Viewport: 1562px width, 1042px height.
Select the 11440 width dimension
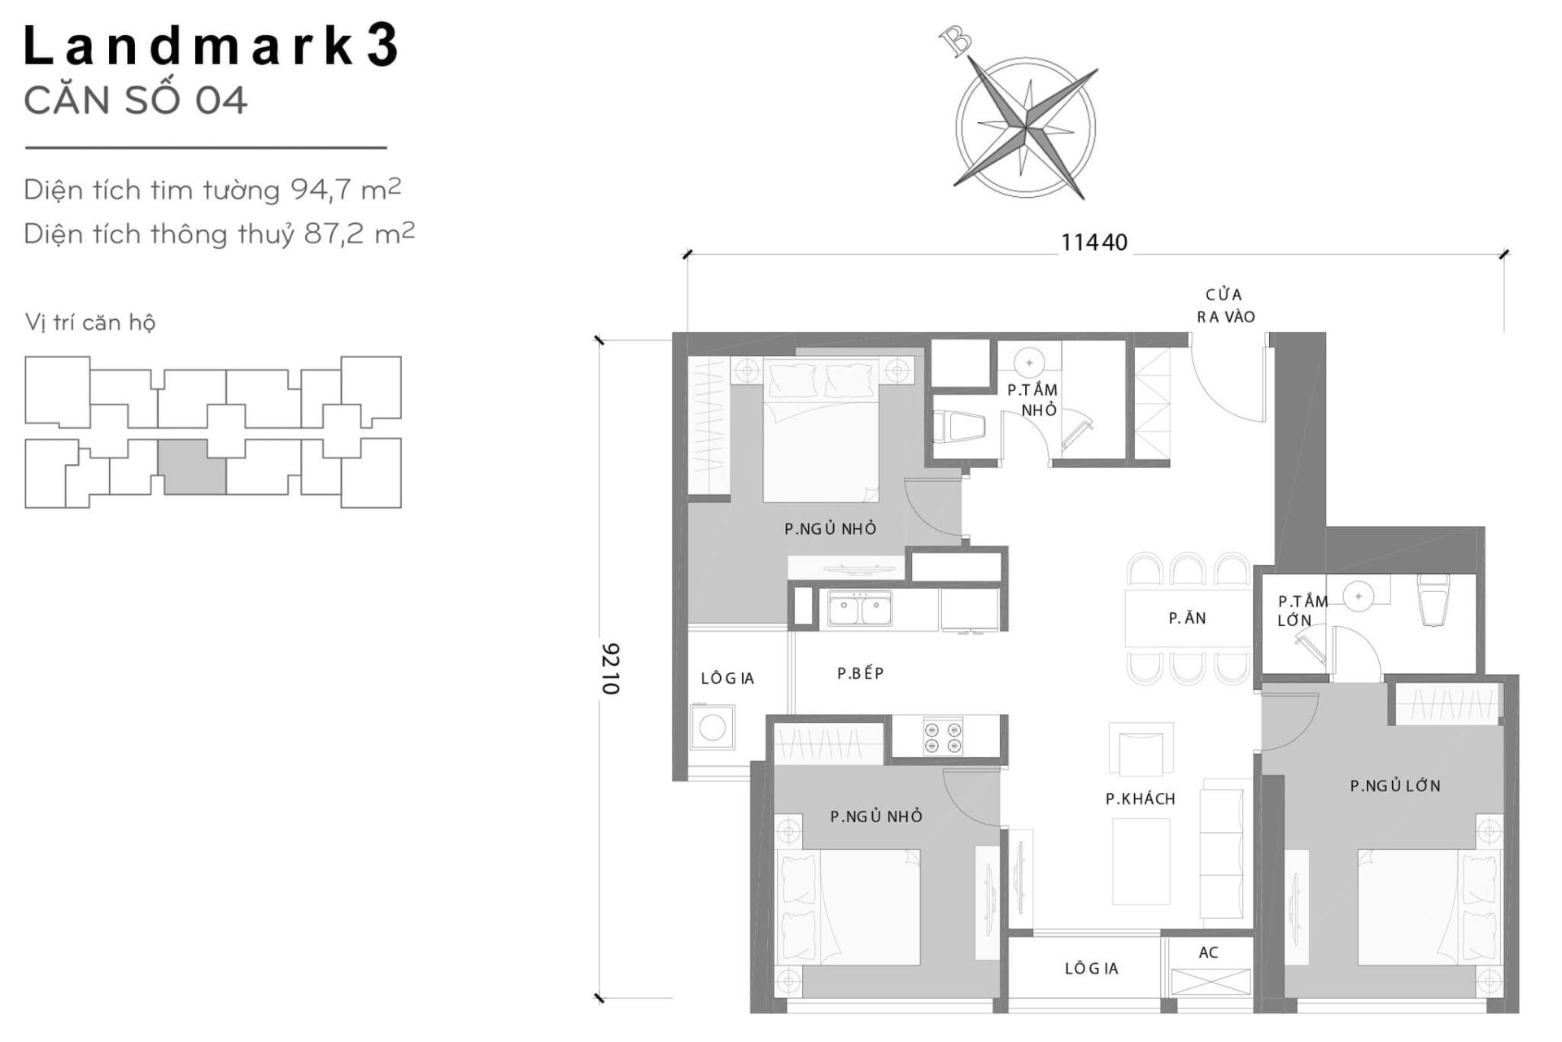coord(1093,243)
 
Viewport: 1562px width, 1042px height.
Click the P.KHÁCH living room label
coord(1140,799)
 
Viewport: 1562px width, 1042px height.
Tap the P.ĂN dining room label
coord(1187,619)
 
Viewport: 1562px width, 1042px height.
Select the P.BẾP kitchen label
coord(860,673)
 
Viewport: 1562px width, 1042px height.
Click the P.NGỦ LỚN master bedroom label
coord(1394,786)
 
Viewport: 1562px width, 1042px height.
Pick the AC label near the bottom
coord(1208,952)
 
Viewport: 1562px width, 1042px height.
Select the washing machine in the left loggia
coord(712,727)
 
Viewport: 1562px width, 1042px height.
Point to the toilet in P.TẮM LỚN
coord(1433,601)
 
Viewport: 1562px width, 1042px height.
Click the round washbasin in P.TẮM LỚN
coord(1358,596)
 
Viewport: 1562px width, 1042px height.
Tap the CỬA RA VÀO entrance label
coord(1224,305)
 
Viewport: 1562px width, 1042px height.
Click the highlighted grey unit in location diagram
coord(194,467)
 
